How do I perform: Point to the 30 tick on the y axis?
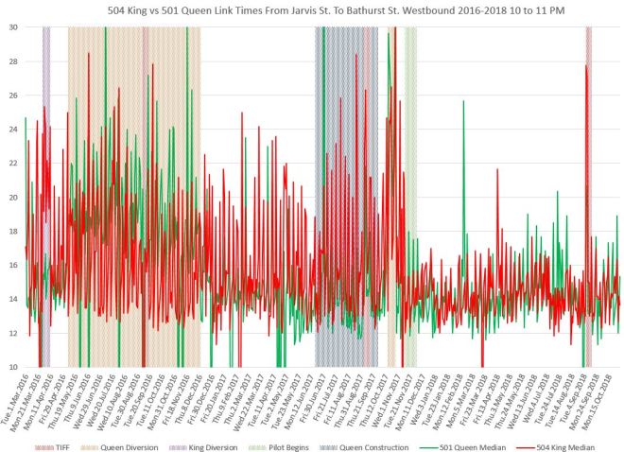coord(14,27)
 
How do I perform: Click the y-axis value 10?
coord(14,367)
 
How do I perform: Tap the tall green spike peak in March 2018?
coord(463,102)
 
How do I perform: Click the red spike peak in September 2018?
coord(586,66)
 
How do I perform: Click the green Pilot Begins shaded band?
coord(410,189)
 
